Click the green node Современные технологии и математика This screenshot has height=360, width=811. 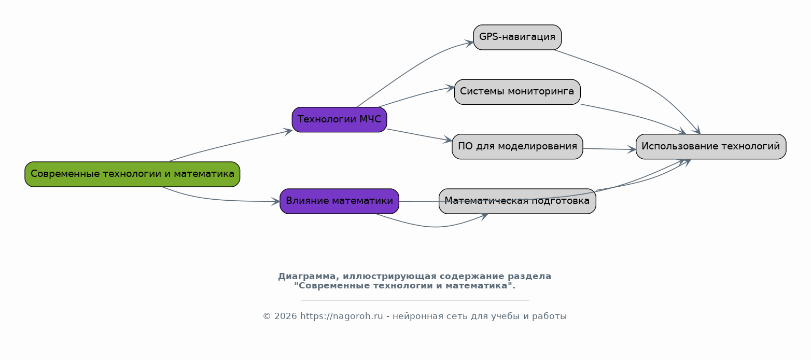coord(132,174)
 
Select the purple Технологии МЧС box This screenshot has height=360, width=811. coord(339,119)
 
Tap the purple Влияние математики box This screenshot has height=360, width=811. coord(339,201)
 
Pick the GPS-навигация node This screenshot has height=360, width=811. coord(518,37)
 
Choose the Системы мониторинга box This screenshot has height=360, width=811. coord(518,92)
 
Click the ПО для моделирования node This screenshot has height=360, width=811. coord(518,147)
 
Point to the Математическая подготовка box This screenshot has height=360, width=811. coord(518,201)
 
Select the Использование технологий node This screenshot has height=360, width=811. coord(711,147)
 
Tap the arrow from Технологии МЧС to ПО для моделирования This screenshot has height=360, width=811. coord(420,135)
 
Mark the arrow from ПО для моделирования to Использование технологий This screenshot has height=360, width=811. coord(610,149)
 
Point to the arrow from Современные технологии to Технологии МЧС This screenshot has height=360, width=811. coord(230,145)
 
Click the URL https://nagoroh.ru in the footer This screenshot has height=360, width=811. coord(341,316)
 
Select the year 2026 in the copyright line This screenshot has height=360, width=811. coord(285,316)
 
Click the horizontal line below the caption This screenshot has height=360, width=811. coord(415,300)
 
